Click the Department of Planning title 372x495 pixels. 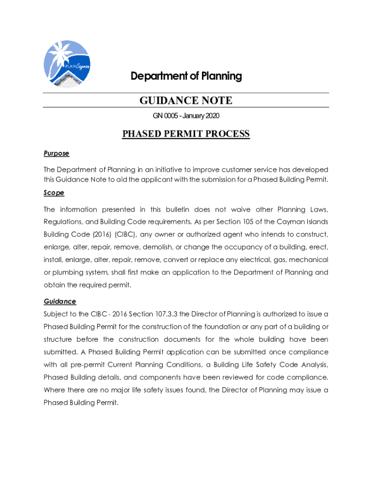coord(186,76)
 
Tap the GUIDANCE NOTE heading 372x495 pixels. coord(186,101)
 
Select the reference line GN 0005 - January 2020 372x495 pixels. coord(186,116)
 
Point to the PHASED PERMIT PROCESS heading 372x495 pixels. coord(186,134)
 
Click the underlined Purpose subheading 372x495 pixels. coord(57,153)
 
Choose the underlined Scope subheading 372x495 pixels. coord(54,192)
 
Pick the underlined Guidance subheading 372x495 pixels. coord(60,301)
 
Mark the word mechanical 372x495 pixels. coord(308,260)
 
